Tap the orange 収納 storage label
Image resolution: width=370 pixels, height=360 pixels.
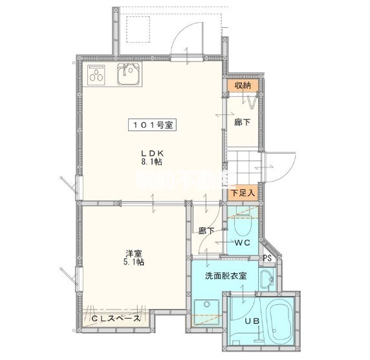point(243,86)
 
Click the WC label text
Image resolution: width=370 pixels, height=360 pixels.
point(243,243)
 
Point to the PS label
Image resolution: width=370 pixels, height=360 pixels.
point(267,259)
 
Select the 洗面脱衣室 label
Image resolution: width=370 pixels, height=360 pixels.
point(226,276)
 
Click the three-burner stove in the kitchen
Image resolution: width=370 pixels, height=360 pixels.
point(98,76)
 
